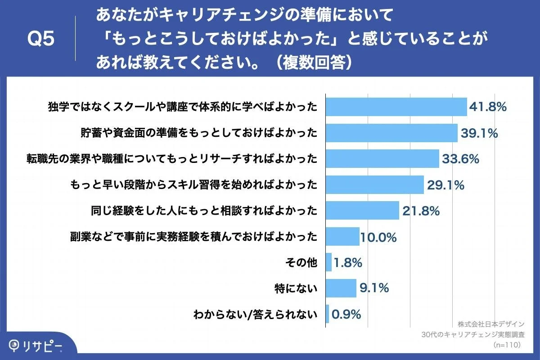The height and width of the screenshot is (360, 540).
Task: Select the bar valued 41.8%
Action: pyautogui.click(x=396, y=107)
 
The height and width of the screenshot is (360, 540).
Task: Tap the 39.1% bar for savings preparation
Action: pyautogui.click(x=391, y=133)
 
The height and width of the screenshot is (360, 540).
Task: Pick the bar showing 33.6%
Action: pyautogui.click(x=382, y=158)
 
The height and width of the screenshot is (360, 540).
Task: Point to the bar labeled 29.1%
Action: pyautogui.click(x=374, y=184)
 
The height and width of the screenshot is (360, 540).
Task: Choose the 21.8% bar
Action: pyautogui.click(x=362, y=210)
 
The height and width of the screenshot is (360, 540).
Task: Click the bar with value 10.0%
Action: pyautogui.click(x=342, y=236)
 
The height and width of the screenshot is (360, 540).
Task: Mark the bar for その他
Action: pyautogui.click(x=328, y=262)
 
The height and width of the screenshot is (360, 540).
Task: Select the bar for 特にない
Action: pyautogui.click(x=341, y=288)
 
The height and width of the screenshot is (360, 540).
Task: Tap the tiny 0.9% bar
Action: pyautogui.click(x=327, y=314)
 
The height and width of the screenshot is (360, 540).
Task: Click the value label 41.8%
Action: pyautogui.click(x=488, y=107)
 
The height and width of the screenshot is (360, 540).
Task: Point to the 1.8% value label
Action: pyautogui.click(x=348, y=262)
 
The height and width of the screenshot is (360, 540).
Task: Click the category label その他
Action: pyautogui.click(x=301, y=262)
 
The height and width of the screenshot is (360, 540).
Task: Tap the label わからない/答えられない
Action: pyautogui.click(x=255, y=314)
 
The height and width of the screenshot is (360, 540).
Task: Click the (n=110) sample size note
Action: pyautogui.click(x=507, y=345)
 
